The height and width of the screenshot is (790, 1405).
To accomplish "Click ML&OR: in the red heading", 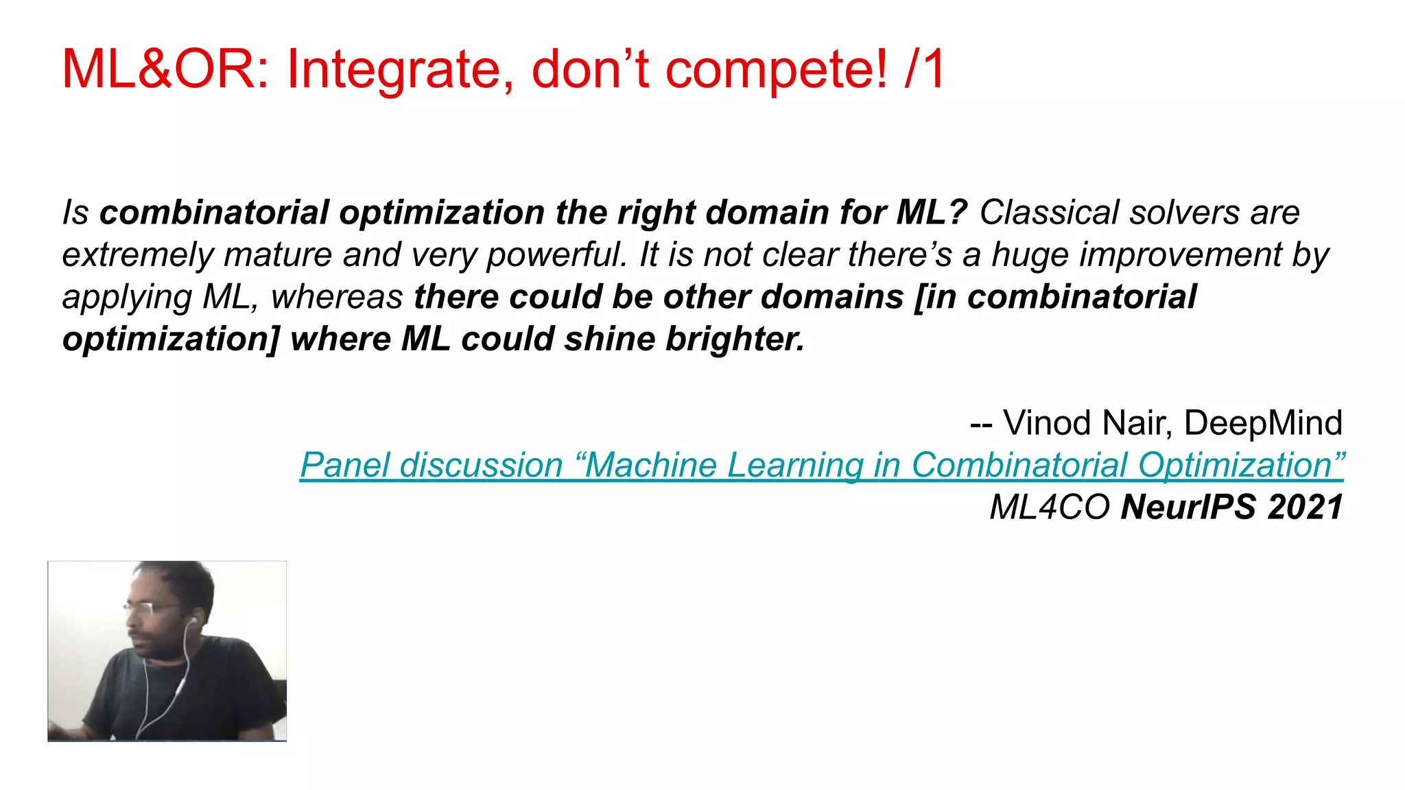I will (165, 70).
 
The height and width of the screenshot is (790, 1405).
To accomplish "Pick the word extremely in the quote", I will (138, 255).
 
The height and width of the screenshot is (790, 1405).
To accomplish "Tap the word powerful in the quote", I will (556, 255).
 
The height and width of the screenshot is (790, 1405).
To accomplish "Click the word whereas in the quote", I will (337, 298).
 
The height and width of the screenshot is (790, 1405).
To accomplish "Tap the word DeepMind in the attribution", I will (1263, 423).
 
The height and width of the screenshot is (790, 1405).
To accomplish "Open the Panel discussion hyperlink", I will (822, 466).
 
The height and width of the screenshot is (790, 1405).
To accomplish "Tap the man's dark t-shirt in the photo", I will (206, 693).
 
